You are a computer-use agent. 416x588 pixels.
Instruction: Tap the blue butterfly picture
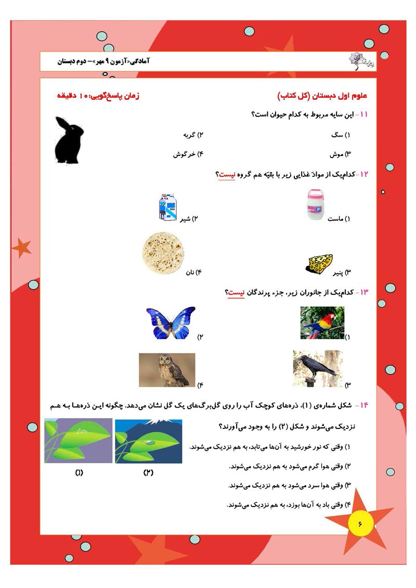tap(171, 323)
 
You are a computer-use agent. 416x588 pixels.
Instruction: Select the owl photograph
tap(167, 370)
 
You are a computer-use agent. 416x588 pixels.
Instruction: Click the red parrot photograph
tap(322, 322)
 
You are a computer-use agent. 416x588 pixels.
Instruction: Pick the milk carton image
tap(168, 208)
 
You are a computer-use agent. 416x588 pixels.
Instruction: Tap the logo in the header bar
tap(355, 61)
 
